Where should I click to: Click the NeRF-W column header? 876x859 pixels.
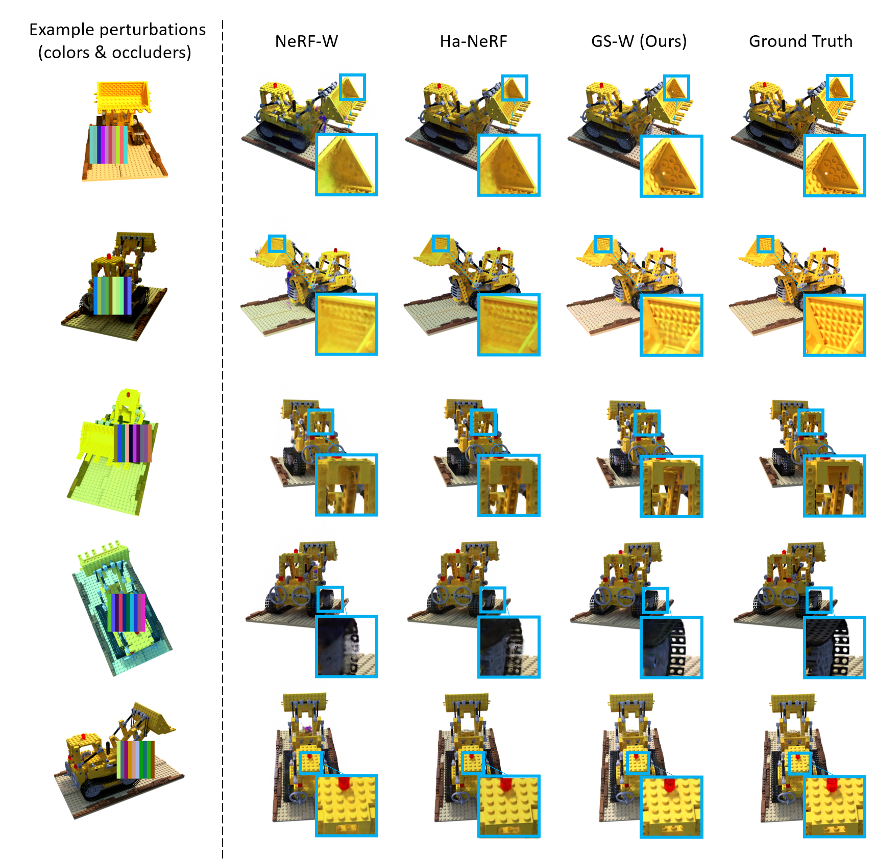point(306,41)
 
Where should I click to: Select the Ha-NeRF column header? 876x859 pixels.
point(473,41)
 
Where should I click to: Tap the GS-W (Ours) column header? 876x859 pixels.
point(639,41)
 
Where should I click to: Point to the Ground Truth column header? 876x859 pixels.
point(800,41)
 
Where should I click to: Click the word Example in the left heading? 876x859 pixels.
point(62,30)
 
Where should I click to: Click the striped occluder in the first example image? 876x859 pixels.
point(109,145)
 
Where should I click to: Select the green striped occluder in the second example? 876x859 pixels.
point(112,295)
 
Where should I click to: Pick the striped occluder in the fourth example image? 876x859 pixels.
point(127,612)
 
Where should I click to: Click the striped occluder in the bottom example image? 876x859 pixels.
point(135,760)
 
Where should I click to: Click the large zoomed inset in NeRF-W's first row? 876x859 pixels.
point(347,165)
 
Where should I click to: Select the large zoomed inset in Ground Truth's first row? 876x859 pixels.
point(835,166)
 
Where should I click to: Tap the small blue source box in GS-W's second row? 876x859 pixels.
point(603,244)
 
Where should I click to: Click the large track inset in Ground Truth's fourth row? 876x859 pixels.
point(835,647)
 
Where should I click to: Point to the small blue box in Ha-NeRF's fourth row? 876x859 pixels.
point(493,600)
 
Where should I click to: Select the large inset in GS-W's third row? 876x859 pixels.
point(671,487)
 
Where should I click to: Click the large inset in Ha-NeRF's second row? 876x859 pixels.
point(509,324)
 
